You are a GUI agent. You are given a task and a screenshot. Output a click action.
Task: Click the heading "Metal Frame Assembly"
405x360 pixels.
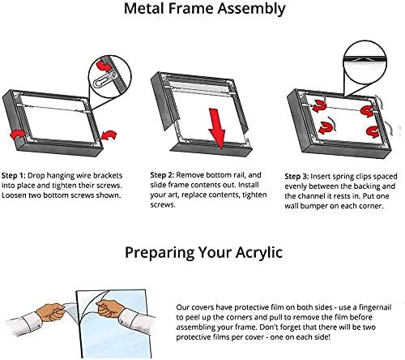204,9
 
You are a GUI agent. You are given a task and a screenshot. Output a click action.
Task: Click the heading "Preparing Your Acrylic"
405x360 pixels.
203,253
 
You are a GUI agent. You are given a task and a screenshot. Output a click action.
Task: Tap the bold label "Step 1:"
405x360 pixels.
14,176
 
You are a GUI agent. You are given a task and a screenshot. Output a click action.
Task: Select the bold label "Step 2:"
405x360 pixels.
162,175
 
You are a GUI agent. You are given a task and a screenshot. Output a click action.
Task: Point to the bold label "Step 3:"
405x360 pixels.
296,177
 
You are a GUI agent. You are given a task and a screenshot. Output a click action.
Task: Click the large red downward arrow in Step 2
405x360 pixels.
217,128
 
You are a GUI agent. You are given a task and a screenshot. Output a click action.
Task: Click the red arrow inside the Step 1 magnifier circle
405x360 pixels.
104,66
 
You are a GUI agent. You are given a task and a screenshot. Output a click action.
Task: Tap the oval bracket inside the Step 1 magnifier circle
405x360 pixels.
104,80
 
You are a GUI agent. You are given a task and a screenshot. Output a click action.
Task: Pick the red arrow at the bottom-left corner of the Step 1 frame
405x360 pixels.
19,134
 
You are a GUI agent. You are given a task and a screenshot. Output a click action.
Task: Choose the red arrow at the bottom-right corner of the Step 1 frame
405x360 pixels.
109,135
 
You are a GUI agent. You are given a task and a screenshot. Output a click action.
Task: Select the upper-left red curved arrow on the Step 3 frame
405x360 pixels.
319,105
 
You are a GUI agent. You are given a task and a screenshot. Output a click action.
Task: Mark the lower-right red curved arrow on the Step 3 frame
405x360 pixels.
373,132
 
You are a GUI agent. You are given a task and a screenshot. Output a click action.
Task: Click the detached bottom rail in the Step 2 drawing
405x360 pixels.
212,149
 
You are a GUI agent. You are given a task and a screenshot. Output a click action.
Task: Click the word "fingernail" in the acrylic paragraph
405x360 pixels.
375,307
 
